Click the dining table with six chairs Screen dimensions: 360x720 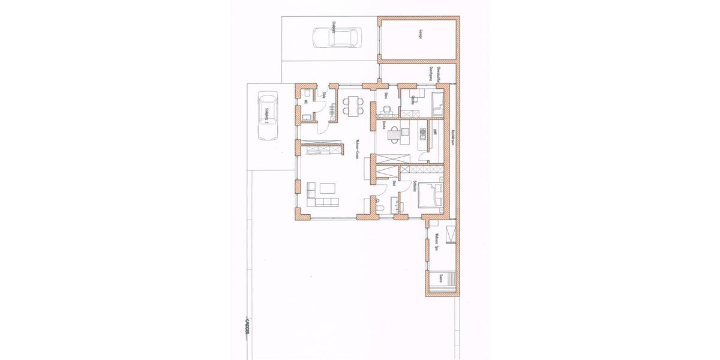click(353, 106)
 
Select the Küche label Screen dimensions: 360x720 click(384, 125)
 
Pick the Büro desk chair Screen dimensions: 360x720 click(387, 109)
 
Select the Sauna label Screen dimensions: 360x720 click(441, 278)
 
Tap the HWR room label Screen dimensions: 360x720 click(435, 132)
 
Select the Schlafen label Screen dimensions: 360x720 click(415, 187)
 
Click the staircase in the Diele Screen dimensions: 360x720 click(332, 110)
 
